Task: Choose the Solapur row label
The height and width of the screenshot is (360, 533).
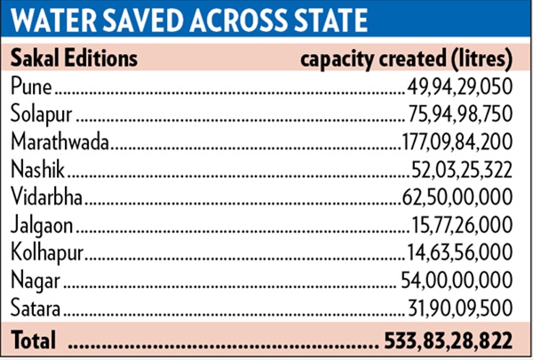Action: point(41,114)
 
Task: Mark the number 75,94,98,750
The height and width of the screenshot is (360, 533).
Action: point(458,114)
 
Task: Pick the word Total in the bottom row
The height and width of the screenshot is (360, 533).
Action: point(32,340)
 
